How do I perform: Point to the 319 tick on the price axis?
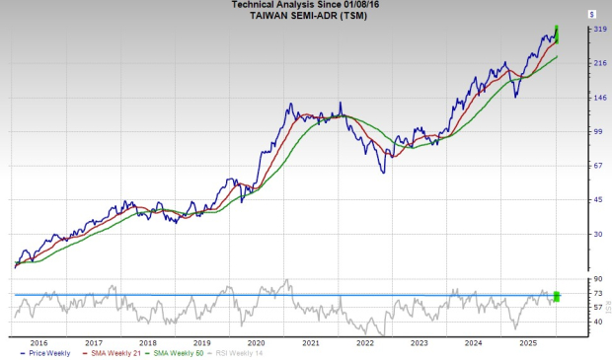[x=572, y=30]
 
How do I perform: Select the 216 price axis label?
[x=572, y=63]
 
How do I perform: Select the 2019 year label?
[x=201, y=343]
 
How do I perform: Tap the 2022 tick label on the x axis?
[x=364, y=343]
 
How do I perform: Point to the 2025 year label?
[x=527, y=343]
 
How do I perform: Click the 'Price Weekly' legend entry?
[x=52, y=354]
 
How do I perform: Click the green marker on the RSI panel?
[x=557, y=296]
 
